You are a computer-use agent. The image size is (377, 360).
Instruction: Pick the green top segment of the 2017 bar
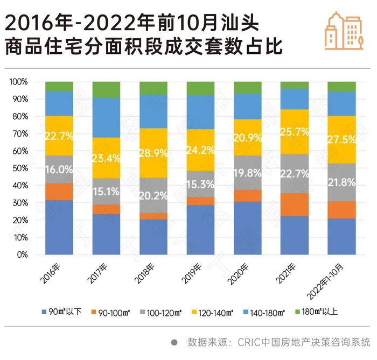coord(106,89)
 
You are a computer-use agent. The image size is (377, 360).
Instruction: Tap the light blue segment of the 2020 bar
coord(248,106)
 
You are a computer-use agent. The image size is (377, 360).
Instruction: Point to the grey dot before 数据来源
coord(173,342)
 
